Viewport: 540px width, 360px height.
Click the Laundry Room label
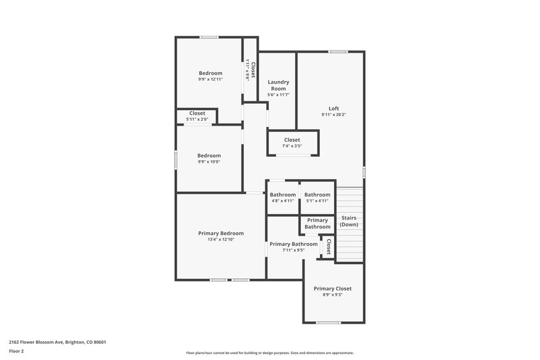pos(278,85)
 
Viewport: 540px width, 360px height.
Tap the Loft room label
pos(333,108)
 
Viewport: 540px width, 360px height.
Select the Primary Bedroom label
pos(221,233)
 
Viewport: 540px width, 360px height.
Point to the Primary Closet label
pos(332,288)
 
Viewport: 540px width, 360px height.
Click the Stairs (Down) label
pos(349,221)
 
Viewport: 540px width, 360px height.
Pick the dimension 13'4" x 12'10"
pos(221,240)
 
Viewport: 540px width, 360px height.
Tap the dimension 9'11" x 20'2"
pos(333,115)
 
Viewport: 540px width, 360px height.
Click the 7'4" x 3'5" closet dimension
pos(292,146)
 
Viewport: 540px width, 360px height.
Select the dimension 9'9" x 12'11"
pos(210,79)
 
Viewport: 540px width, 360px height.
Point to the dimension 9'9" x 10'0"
pos(209,161)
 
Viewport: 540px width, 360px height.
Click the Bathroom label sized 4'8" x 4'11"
pos(283,195)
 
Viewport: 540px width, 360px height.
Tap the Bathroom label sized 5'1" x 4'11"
pos(317,195)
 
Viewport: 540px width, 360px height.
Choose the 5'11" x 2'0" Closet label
pos(197,113)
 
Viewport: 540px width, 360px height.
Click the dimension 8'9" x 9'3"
pos(332,295)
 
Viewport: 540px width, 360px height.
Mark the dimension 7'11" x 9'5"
pos(293,250)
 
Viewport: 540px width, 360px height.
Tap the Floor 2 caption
pos(17,351)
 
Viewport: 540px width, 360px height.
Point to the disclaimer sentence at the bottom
pos(269,353)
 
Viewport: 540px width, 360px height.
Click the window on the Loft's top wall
pos(337,51)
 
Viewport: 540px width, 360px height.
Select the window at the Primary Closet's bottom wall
pos(328,322)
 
